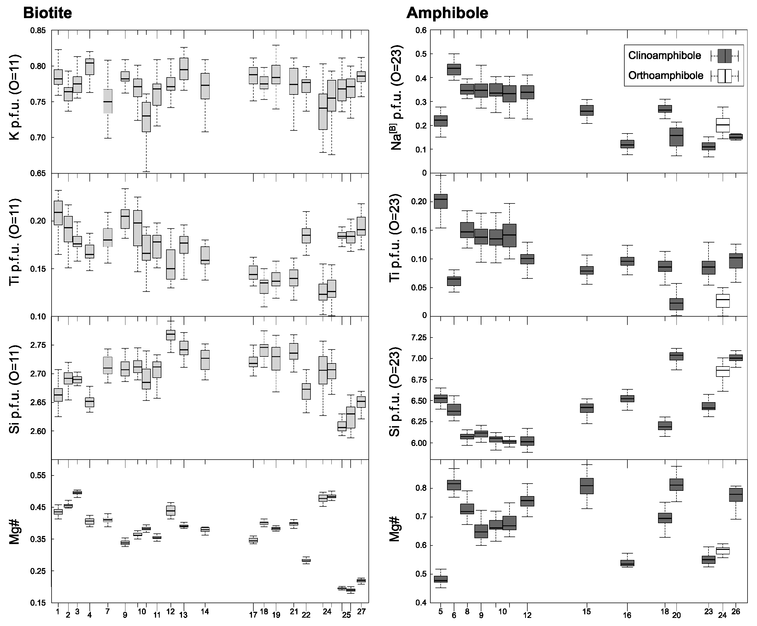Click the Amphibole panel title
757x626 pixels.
coord(447,13)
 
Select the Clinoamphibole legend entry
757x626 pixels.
coord(664,55)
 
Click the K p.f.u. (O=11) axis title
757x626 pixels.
coord(14,97)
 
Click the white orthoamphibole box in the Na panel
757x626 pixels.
coord(723,125)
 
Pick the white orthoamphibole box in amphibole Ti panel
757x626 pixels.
coord(723,300)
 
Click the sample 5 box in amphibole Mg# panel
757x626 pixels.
coord(440,579)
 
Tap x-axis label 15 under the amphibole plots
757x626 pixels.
coord(586,612)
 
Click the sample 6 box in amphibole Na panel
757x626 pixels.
coord(454,69)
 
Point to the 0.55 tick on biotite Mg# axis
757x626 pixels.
coord(38,476)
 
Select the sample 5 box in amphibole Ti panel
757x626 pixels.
coord(440,201)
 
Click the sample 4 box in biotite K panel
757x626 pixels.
coord(89,67)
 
